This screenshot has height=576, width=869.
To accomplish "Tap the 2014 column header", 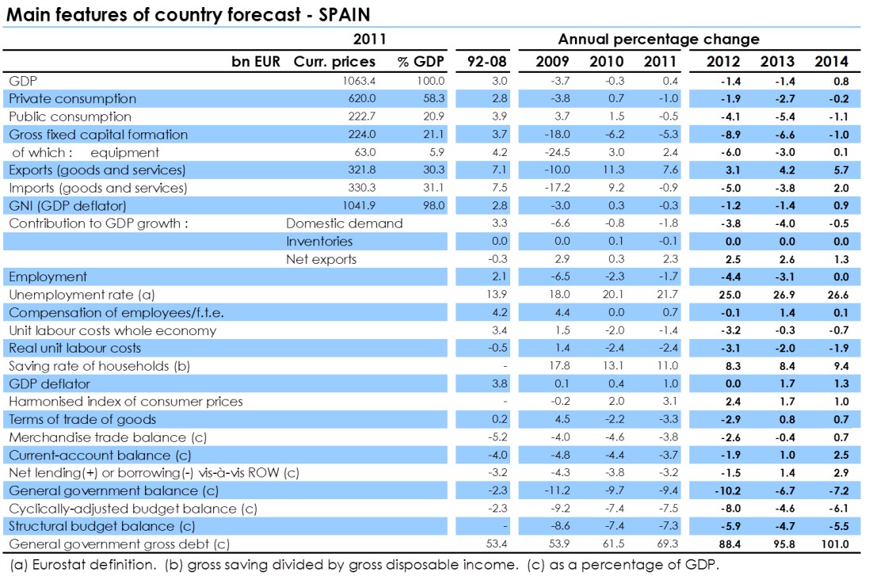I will pyautogui.click(x=831, y=62).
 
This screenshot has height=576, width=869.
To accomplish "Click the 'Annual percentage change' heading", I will pyautogui.click(x=658, y=39).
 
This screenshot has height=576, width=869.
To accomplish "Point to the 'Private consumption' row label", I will pyautogui.click(x=72, y=99).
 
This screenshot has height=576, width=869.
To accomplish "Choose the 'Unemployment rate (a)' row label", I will pyautogui.click(x=70, y=295).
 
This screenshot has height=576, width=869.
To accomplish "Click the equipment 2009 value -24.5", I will pyautogui.click(x=549, y=152).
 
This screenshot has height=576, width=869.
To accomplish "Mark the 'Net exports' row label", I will pyautogui.click(x=321, y=259).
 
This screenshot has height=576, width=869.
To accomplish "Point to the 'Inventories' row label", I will pyautogui.click(x=319, y=242).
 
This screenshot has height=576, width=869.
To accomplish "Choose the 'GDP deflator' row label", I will pyautogui.click(x=49, y=383).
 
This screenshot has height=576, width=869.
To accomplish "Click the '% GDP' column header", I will pyautogui.click(x=421, y=62).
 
